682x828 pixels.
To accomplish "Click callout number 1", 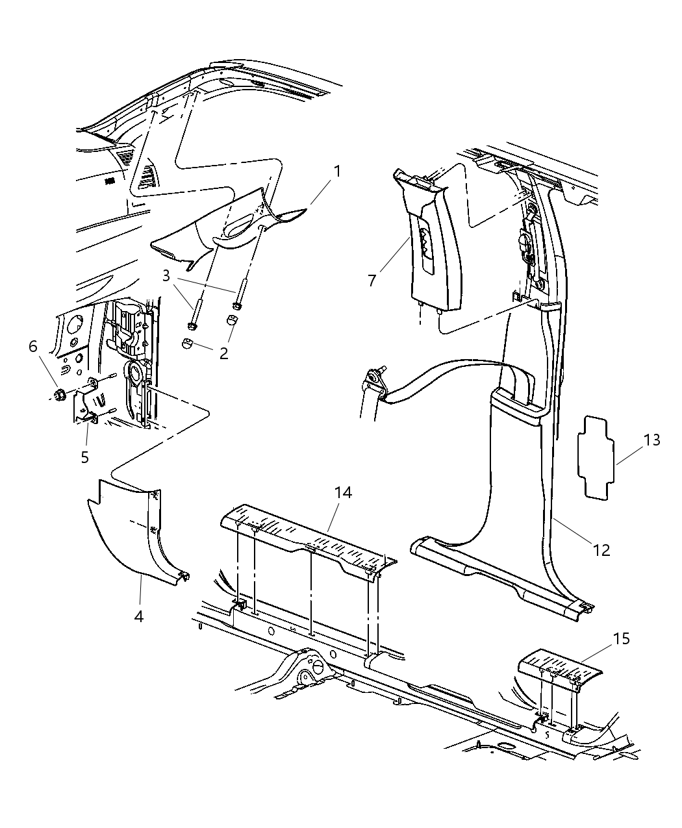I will (x=336, y=172).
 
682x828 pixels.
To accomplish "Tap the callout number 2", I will (x=223, y=353).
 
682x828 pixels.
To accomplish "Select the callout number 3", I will (x=166, y=276).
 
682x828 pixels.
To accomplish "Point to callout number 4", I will (x=138, y=616).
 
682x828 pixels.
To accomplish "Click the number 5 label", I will (x=84, y=457).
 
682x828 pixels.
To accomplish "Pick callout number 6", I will (x=32, y=347).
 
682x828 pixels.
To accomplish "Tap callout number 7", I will (x=372, y=281).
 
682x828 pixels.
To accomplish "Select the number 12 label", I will (x=601, y=549).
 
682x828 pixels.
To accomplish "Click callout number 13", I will (x=651, y=440).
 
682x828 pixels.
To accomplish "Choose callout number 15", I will (x=621, y=638).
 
